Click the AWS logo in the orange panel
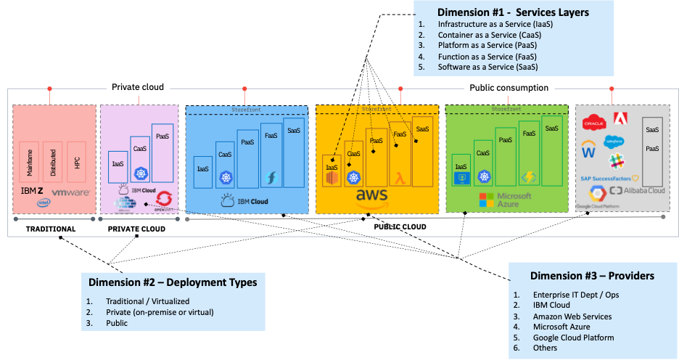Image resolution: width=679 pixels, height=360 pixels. coord(372,197)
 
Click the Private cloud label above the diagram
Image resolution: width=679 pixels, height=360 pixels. coord(137,86)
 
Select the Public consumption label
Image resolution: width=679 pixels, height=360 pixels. coord(508,87)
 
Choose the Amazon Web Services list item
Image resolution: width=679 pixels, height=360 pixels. coord(572,316)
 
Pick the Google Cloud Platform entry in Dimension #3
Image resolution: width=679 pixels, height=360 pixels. coord(573,337)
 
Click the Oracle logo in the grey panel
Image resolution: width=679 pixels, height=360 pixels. coord(593,121)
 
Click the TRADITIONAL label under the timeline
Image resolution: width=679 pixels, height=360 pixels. coord(51,229)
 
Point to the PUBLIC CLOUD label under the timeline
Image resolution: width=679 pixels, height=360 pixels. coord(400,226)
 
